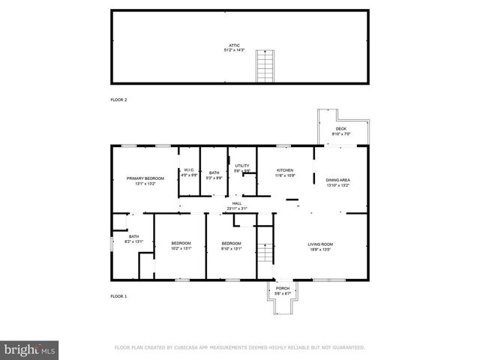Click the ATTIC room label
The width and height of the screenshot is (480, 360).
pyautogui.click(x=240, y=46)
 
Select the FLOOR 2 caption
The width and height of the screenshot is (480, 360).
pyautogui.click(x=118, y=99)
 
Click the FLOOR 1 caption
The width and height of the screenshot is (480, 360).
pyautogui.click(x=118, y=297)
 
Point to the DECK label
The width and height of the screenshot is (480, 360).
pyautogui.click(x=341, y=129)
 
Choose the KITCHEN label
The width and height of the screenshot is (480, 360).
pyautogui.click(x=284, y=170)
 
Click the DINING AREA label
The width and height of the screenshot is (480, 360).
pyautogui.click(x=338, y=180)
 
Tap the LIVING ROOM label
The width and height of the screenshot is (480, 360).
pyautogui.click(x=320, y=244)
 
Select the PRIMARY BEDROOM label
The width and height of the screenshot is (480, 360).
pyautogui.click(x=145, y=178)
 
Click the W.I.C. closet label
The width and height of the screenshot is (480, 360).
pyautogui.click(x=190, y=170)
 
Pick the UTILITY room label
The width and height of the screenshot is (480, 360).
pyautogui.click(x=241, y=165)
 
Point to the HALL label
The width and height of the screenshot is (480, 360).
pyautogui.click(x=237, y=203)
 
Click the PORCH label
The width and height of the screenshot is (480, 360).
pyautogui.click(x=283, y=288)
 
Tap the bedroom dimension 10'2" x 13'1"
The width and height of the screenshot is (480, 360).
pyautogui.click(x=181, y=248)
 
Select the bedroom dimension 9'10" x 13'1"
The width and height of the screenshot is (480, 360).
pyautogui.click(x=231, y=248)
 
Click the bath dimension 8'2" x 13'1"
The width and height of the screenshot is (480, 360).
pyautogui.click(x=123, y=241)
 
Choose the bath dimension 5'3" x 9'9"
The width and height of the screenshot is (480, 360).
pyautogui.click(x=214, y=178)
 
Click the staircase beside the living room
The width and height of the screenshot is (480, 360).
pyautogui.click(x=263, y=253)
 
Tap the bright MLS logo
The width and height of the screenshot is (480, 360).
pyautogui.click(x=29, y=349)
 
